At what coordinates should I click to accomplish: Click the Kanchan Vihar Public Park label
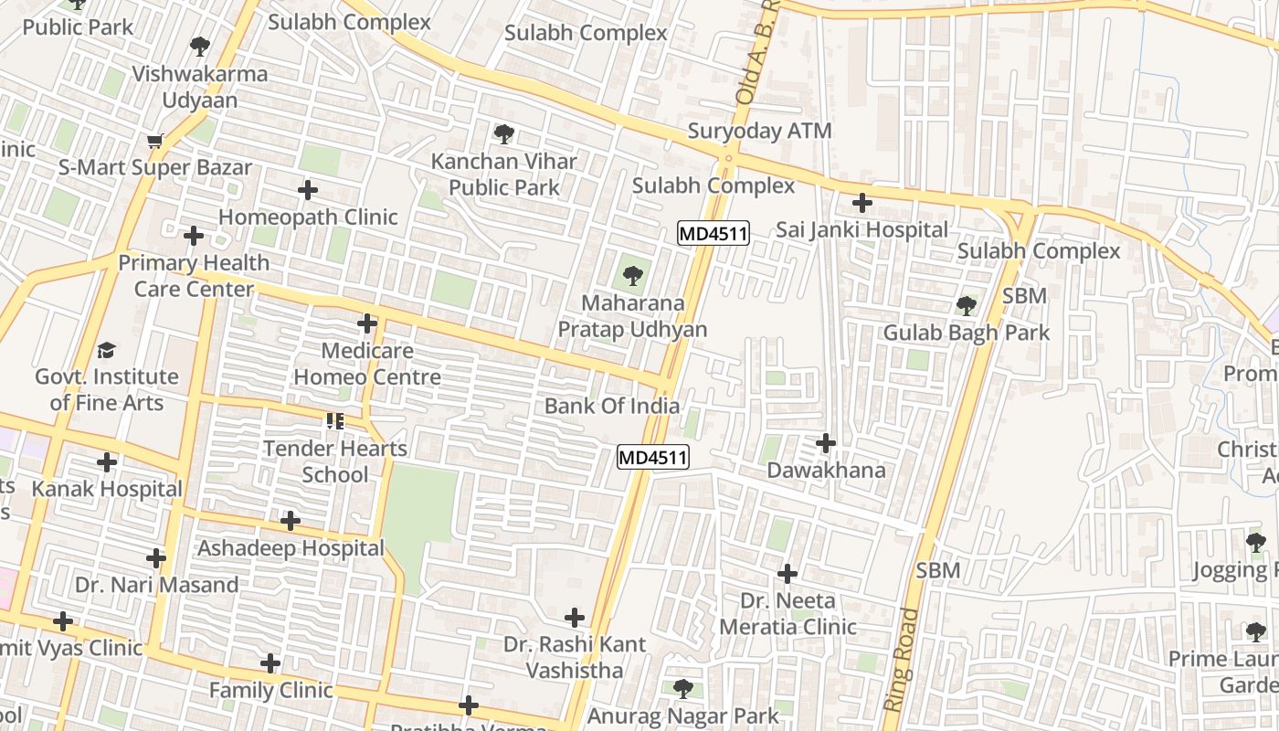click(503, 174)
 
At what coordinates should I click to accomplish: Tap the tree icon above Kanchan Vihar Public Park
click(503, 134)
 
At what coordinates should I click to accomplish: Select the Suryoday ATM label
click(759, 131)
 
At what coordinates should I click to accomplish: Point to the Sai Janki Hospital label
click(861, 229)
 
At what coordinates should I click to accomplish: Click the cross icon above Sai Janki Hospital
click(861, 202)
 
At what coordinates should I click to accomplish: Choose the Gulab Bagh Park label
click(966, 333)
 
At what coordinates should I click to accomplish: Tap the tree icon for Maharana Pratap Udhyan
click(632, 275)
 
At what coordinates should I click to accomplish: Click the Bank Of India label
click(612, 406)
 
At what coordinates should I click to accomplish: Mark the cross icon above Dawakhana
click(826, 443)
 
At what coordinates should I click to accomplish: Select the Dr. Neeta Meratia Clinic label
click(787, 613)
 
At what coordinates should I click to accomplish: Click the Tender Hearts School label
click(335, 461)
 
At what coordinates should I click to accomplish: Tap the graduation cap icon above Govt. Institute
click(107, 350)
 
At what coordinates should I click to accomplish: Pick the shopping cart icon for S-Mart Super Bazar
click(154, 141)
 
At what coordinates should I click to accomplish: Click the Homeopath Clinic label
click(308, 217)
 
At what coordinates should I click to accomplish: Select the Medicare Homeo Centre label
click(367, 364)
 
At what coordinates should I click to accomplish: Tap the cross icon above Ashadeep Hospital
click(291, 521)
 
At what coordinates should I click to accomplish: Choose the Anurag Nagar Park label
click(683, 715)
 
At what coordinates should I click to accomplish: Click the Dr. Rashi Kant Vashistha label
click(575, 657)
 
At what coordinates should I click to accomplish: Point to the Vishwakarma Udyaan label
click(200, 87)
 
